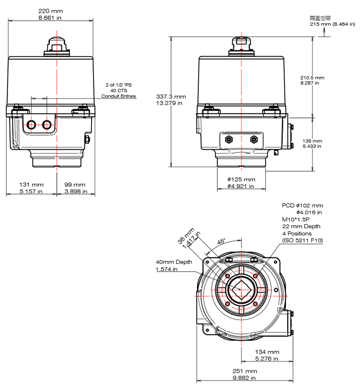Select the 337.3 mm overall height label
[171, 96]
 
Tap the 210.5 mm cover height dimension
[312, 77]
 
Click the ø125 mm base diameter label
[241, 180]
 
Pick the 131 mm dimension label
[32, 184]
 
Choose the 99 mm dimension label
[75, 184]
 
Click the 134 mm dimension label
[267, 352]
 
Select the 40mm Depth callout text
[174, 262]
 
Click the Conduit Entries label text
[118, 96]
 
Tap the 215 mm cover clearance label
[332, 24]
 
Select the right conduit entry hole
[47, 125]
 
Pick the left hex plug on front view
[229, 139]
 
